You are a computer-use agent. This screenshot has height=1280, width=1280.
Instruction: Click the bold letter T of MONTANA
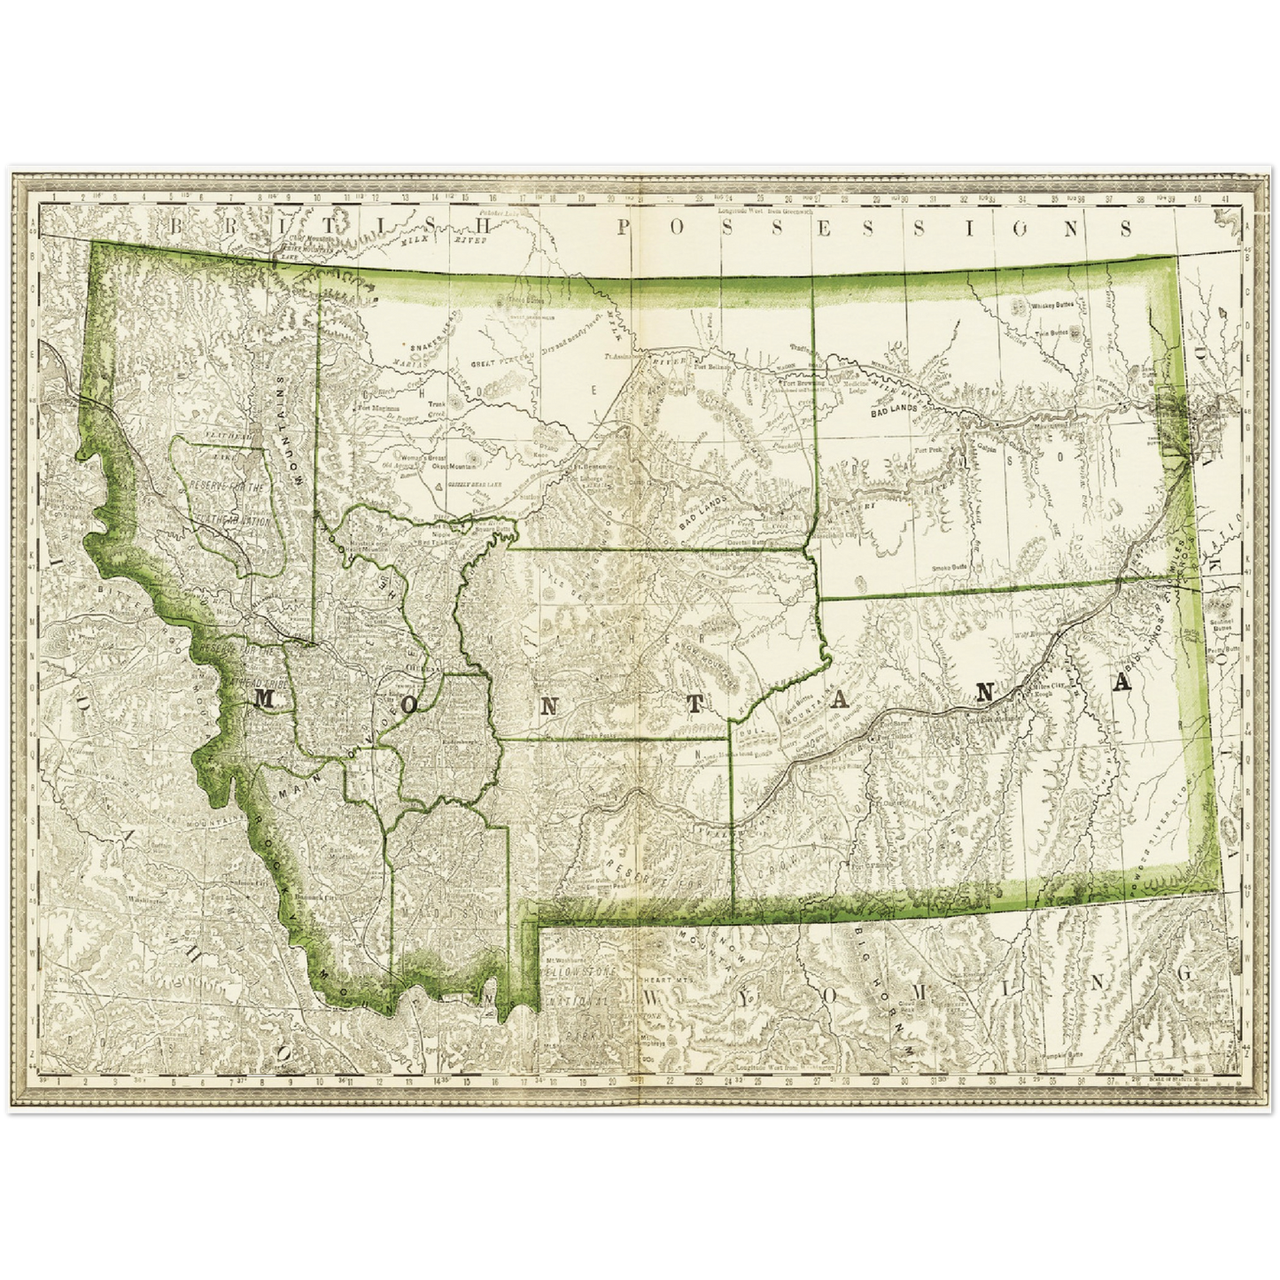pos(697,703)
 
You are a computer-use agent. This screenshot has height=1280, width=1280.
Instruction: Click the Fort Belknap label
pos(712,365)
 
